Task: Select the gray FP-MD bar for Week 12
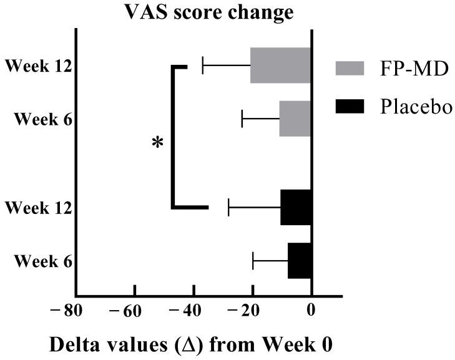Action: point(280,65)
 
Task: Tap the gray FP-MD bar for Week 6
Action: point(295,118)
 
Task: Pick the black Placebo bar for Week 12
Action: point(296,207)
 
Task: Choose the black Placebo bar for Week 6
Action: point(300,260)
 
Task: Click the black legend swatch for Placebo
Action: point(354,106)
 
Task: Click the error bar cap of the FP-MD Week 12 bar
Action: point(203,65)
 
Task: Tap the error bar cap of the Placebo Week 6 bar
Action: point(253,260)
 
